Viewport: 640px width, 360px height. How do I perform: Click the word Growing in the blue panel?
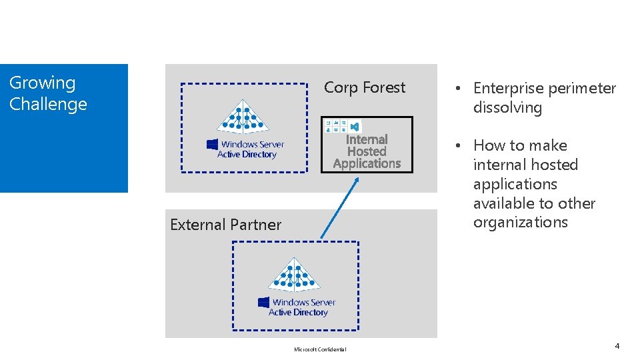(x=42, y=83)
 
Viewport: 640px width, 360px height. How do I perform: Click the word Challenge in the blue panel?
(x=48, y=105)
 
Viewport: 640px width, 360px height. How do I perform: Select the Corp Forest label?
(x=364, y=88)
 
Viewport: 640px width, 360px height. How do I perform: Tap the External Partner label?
(x=225, y=225)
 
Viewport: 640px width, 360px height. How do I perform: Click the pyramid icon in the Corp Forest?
(x=243, y=117)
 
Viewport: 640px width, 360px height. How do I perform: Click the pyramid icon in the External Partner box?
(x=294, y=275)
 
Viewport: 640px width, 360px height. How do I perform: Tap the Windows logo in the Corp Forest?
(x=213, y=144)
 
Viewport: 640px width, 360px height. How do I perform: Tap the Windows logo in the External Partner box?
(x=264, y=302)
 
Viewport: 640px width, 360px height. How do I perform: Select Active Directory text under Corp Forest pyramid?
(x=247, y=155)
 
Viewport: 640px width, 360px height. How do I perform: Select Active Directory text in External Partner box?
(x=298, y=313)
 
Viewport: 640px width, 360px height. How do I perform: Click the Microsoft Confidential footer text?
(x=320, y=349)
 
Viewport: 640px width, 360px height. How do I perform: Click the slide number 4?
(x=617, y=346)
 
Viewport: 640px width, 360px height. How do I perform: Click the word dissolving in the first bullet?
(x=507, y=108)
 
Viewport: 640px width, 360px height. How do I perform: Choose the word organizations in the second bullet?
(x=520, y=223)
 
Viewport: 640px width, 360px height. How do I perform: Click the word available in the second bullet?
(x=501, y=203)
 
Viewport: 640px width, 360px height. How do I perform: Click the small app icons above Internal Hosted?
(x=342, y=125)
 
